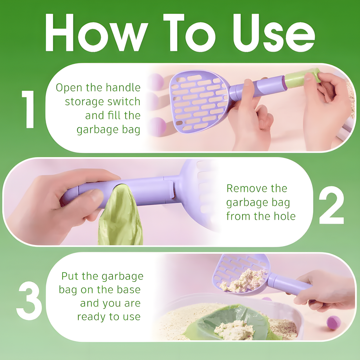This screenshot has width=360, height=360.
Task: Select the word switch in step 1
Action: pyautogui.click(x=123, y=102)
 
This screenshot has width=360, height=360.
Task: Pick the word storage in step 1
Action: pyautogui.click(x=84, y=102)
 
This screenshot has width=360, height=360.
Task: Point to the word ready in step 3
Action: pyautogui.click(x=92, y=316)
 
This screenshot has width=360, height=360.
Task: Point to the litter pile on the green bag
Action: pyautogui.click(x=234, y=330)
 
